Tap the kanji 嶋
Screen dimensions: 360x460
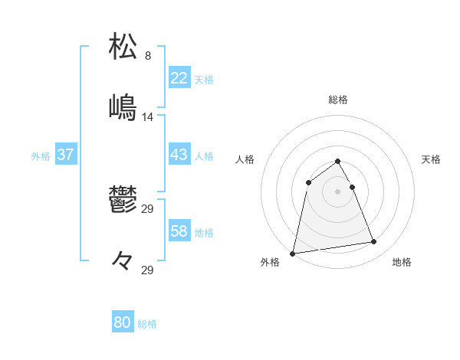point(123,108)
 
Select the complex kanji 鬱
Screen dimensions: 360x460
point(123,201)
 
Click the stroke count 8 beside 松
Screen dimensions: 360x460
point(148,56)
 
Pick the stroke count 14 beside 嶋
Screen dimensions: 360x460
point(148,117)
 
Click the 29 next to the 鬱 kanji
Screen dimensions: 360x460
point(148,208)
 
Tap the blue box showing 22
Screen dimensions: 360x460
point(179,77)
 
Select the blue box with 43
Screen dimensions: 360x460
point(179,155)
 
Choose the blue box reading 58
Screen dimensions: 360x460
point(179,231)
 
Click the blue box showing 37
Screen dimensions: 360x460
point(66,155)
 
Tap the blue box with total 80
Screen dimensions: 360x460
point(123,322)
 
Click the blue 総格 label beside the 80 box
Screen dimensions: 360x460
point(147,324)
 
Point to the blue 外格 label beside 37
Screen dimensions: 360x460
point(41,156)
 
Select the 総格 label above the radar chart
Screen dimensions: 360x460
point(338,100)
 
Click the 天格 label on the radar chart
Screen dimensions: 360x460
point(431,159)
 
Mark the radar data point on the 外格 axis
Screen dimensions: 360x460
point(293,253)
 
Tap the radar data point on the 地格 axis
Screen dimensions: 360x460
point(374,242)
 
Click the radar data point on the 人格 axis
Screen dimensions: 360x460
point(308,182)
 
